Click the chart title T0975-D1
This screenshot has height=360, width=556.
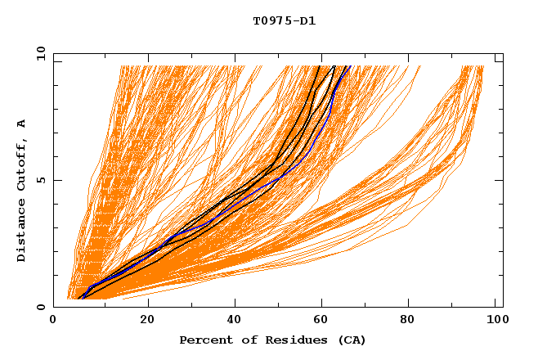(284, 21)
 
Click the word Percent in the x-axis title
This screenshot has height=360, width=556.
(203, 340)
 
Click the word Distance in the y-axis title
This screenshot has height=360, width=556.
(21, 230)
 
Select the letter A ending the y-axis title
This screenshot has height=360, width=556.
(21, 124)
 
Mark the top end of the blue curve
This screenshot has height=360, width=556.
(349, 66)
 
